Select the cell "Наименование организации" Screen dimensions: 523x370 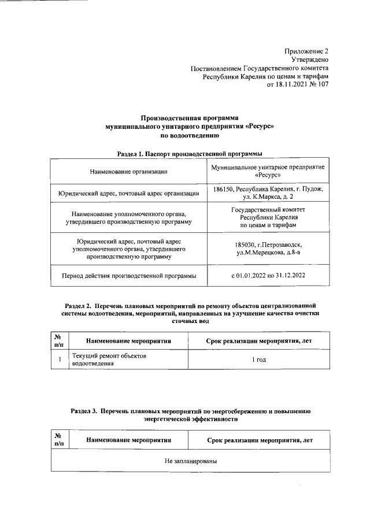(x=129, y=171)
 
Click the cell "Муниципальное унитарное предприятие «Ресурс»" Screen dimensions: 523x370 (x=268, y=170)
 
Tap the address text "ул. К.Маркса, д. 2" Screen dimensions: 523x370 (x=268, y=197)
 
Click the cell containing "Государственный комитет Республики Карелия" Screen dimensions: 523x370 (x=268, y=217)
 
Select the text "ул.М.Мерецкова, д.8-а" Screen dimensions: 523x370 (x=268, y=253)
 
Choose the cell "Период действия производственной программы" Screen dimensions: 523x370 (x=129, y=276)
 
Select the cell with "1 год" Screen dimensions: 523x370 (x=259, y=360)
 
